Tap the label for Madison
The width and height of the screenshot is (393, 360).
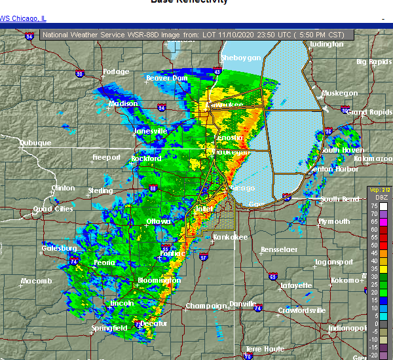122,104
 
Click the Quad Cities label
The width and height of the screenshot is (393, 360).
54,209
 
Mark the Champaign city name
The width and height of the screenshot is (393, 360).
202,306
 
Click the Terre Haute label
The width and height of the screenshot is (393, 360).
265,349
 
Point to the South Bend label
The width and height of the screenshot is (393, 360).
340,199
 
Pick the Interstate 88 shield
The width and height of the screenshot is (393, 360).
153,189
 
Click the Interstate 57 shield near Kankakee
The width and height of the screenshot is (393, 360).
204,257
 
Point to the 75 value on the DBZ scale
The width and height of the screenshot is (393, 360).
373,206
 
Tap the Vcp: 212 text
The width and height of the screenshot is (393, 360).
379,190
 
